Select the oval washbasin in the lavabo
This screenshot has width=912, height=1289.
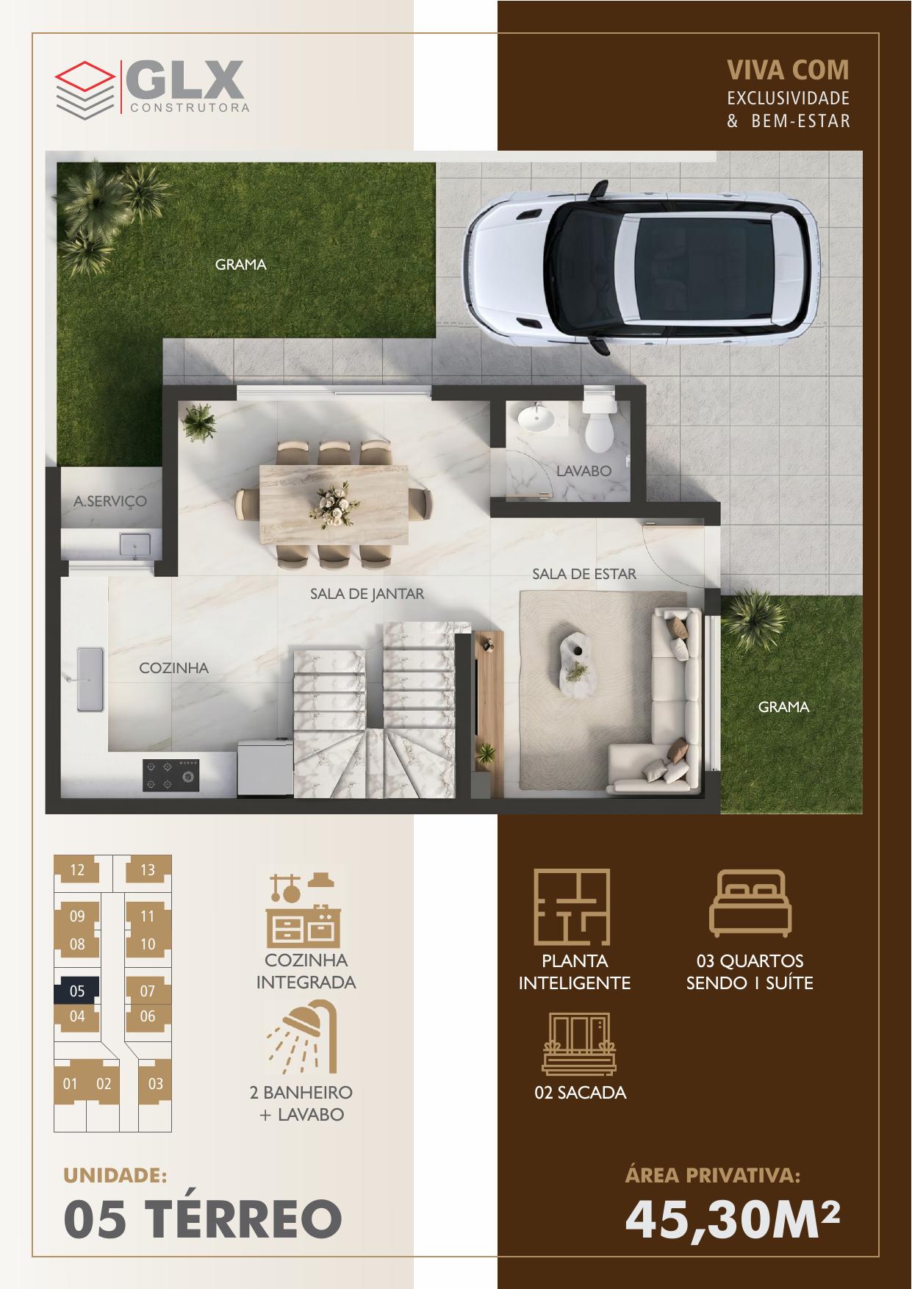pyautogui.click(x=536, y=418)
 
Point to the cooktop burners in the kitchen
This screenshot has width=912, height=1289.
pyautogui.click(x=170, y=775)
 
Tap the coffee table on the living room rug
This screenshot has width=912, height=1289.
pyautogui.click(x=579, y=661)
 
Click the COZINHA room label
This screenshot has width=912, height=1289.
pyautogui.click(x=174, y=668)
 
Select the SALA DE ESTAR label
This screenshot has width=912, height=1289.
pyautogui.click(x=584, y=573)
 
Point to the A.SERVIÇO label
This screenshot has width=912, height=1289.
pyautogui.click(x=110, y=502)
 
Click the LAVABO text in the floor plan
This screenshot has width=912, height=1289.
pyautogui.click(x=584, y=470)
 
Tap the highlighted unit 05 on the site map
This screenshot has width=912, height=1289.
pyautogui.click(x=78, y=991)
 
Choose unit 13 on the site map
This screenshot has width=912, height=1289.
pyautogui.click(x=148, y=870)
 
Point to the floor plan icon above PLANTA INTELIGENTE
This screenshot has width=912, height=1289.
pyautogui.click(x=572, y=908)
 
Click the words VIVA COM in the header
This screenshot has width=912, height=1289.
pyautogui.click(x=788, y=70)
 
